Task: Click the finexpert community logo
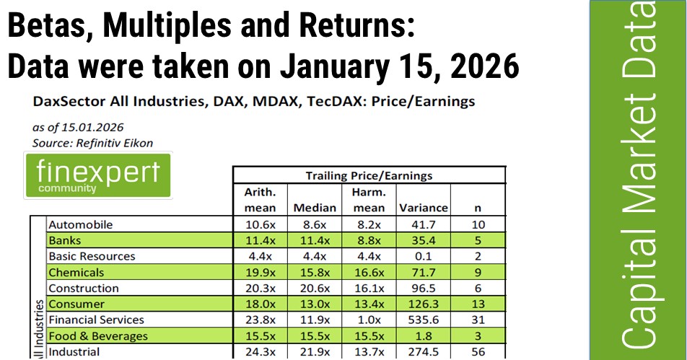point(98,175)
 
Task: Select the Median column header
point(315,208)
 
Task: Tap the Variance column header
point(423,208)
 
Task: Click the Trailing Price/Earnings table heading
point(369,175)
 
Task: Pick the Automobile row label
point(81,224)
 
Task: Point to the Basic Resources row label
point(92,256)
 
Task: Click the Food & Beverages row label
point(98,336)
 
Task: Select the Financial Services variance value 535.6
point(423,320)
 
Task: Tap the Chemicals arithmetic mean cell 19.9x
point(261,273)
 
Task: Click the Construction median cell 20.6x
point(315,288)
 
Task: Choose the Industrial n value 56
point(478,351)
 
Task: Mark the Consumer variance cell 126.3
point(423,304)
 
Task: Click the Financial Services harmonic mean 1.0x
point(369,320)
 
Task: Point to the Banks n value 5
point(478,240)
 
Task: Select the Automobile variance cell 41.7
point(423,224)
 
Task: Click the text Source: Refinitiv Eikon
point(92,144)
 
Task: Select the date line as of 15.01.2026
point(78,128)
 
